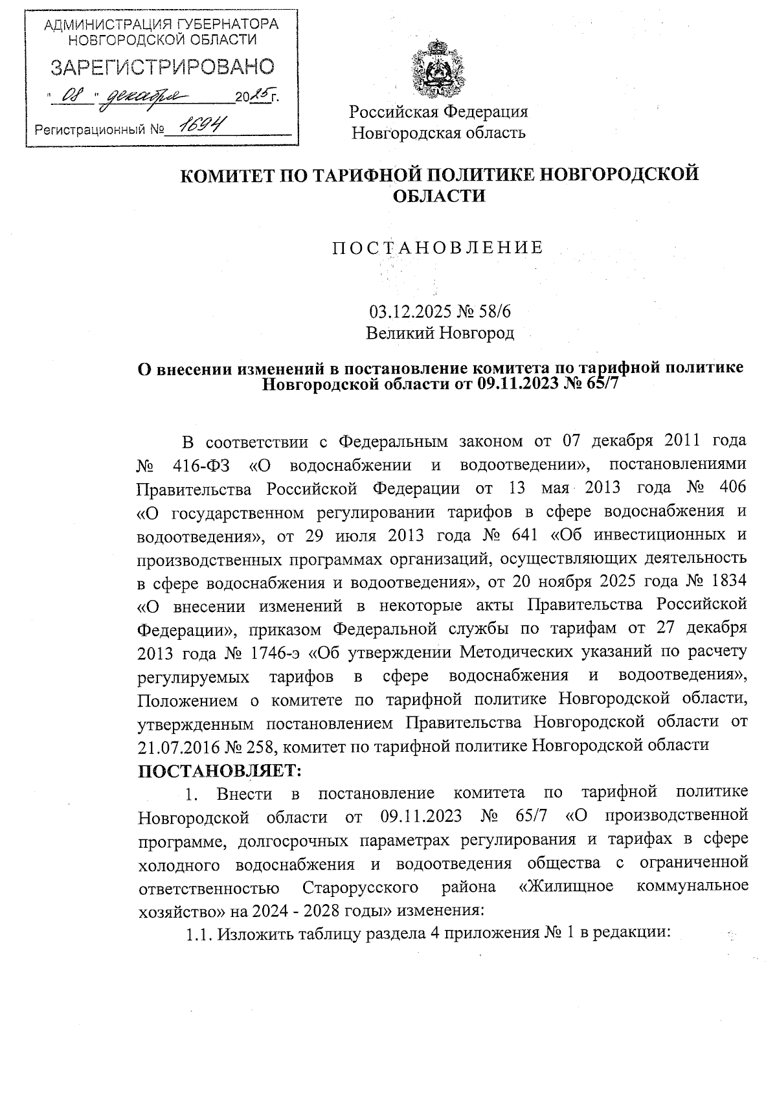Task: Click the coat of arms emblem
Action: (x=438, y=69)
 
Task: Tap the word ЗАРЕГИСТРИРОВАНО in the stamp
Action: (x=163, y=67)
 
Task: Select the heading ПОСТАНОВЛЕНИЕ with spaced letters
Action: (x=438, y=248)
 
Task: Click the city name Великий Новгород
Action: (x=439, y=334)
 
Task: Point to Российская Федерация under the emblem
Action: (x=438, y=111)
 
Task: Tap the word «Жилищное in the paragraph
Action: (x=566, y=887)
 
